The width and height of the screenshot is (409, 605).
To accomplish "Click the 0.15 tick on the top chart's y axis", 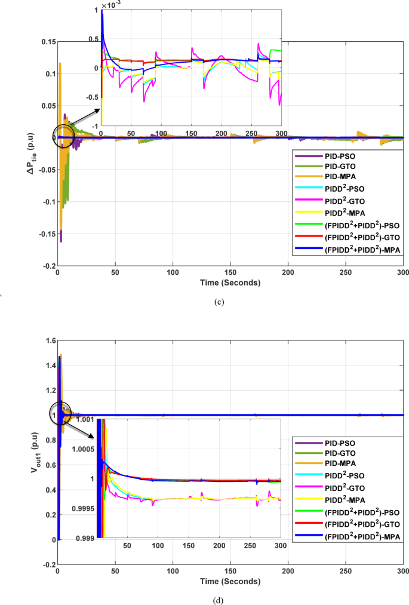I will coord(47,41).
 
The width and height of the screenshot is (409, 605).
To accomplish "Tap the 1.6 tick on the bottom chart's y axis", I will coord(50,340).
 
